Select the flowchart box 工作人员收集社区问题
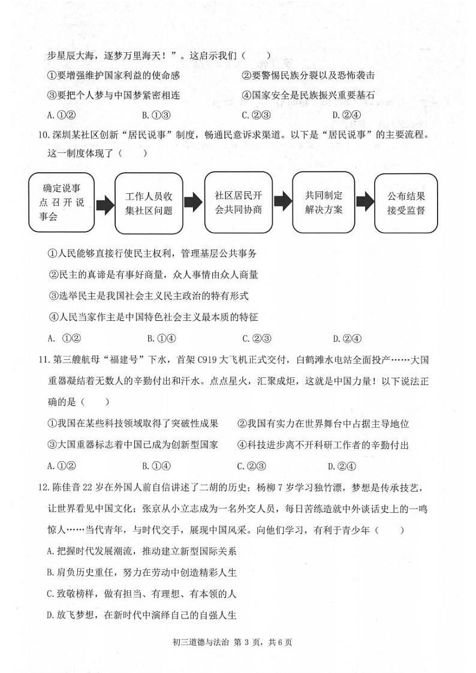click(x=149, y=203)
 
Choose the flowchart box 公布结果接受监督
click(x=405, y=203)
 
